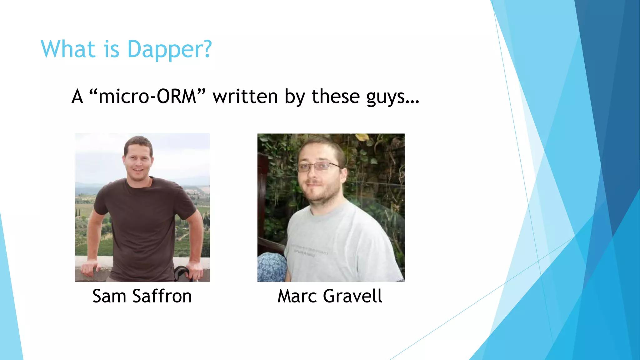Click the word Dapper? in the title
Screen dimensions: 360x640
[170, 49]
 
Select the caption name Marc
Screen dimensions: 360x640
[297, 296]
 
